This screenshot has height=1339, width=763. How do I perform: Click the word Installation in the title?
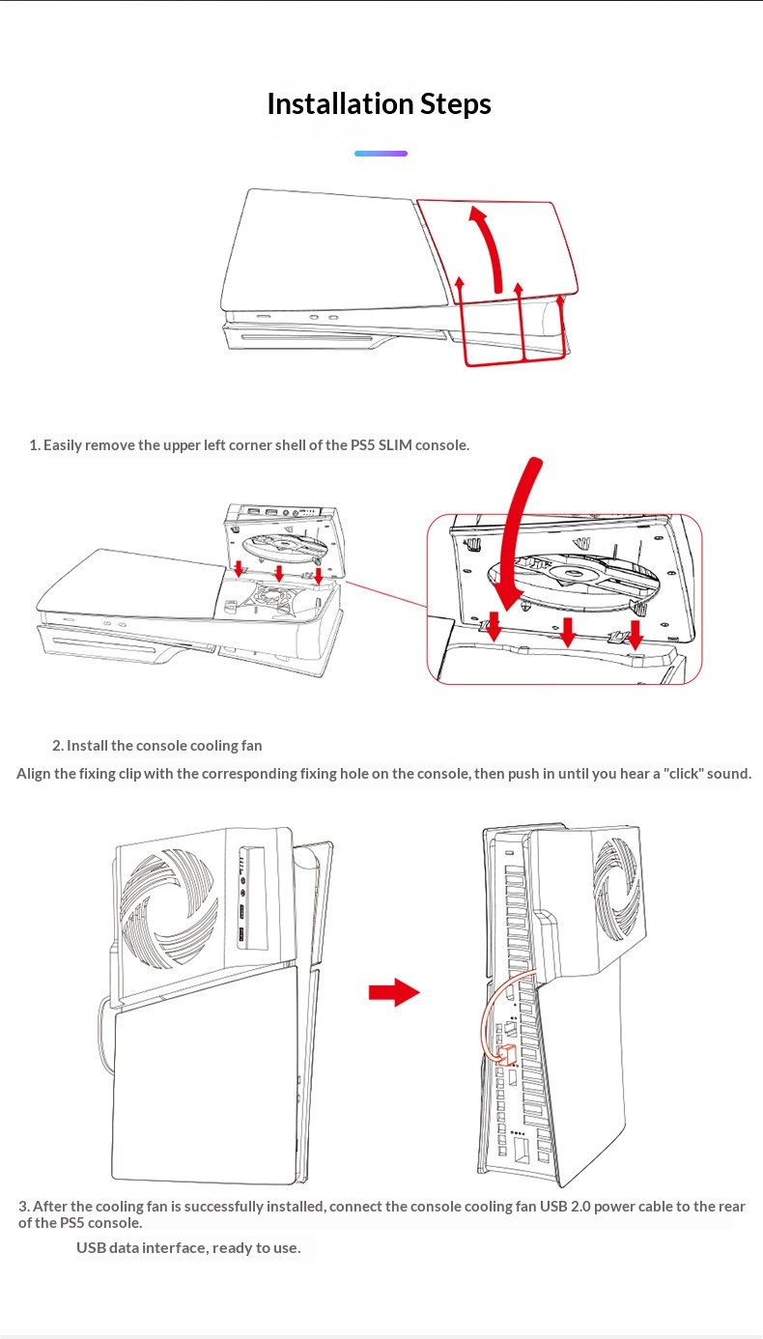340,103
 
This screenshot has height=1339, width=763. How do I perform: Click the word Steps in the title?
455,104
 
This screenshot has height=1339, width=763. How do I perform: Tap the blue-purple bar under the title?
381,154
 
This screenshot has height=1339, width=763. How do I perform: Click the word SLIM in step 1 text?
395,445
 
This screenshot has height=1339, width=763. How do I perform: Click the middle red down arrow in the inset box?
568,631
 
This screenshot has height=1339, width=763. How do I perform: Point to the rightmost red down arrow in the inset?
636,635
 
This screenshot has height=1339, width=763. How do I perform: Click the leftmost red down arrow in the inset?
494,626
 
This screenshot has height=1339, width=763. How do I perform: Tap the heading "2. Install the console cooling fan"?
157,746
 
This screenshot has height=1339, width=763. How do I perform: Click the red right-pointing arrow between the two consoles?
394,992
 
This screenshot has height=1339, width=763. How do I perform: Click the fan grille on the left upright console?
168,908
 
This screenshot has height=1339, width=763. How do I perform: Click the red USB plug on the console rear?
507,1055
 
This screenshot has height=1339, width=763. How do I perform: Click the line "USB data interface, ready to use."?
188,1247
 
